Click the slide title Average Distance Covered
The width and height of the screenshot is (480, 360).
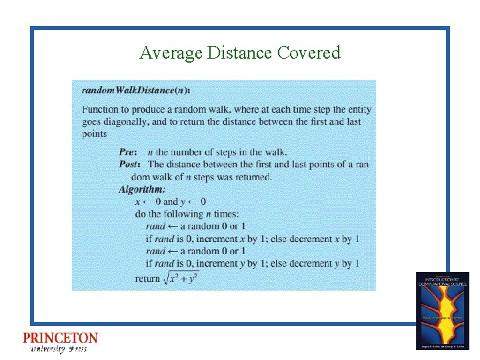(240, 53)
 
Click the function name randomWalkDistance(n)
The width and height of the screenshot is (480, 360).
(135, 89)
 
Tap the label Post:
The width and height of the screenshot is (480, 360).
(130, 164)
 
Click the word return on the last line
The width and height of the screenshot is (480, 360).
(147, 279)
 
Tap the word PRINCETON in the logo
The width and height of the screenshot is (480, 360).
(60, 339)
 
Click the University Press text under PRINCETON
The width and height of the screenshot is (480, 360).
(59, 349)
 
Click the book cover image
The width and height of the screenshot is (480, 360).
(442, 310)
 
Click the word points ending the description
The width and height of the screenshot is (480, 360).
(95, 134)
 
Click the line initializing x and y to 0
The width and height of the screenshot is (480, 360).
(170, 201)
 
